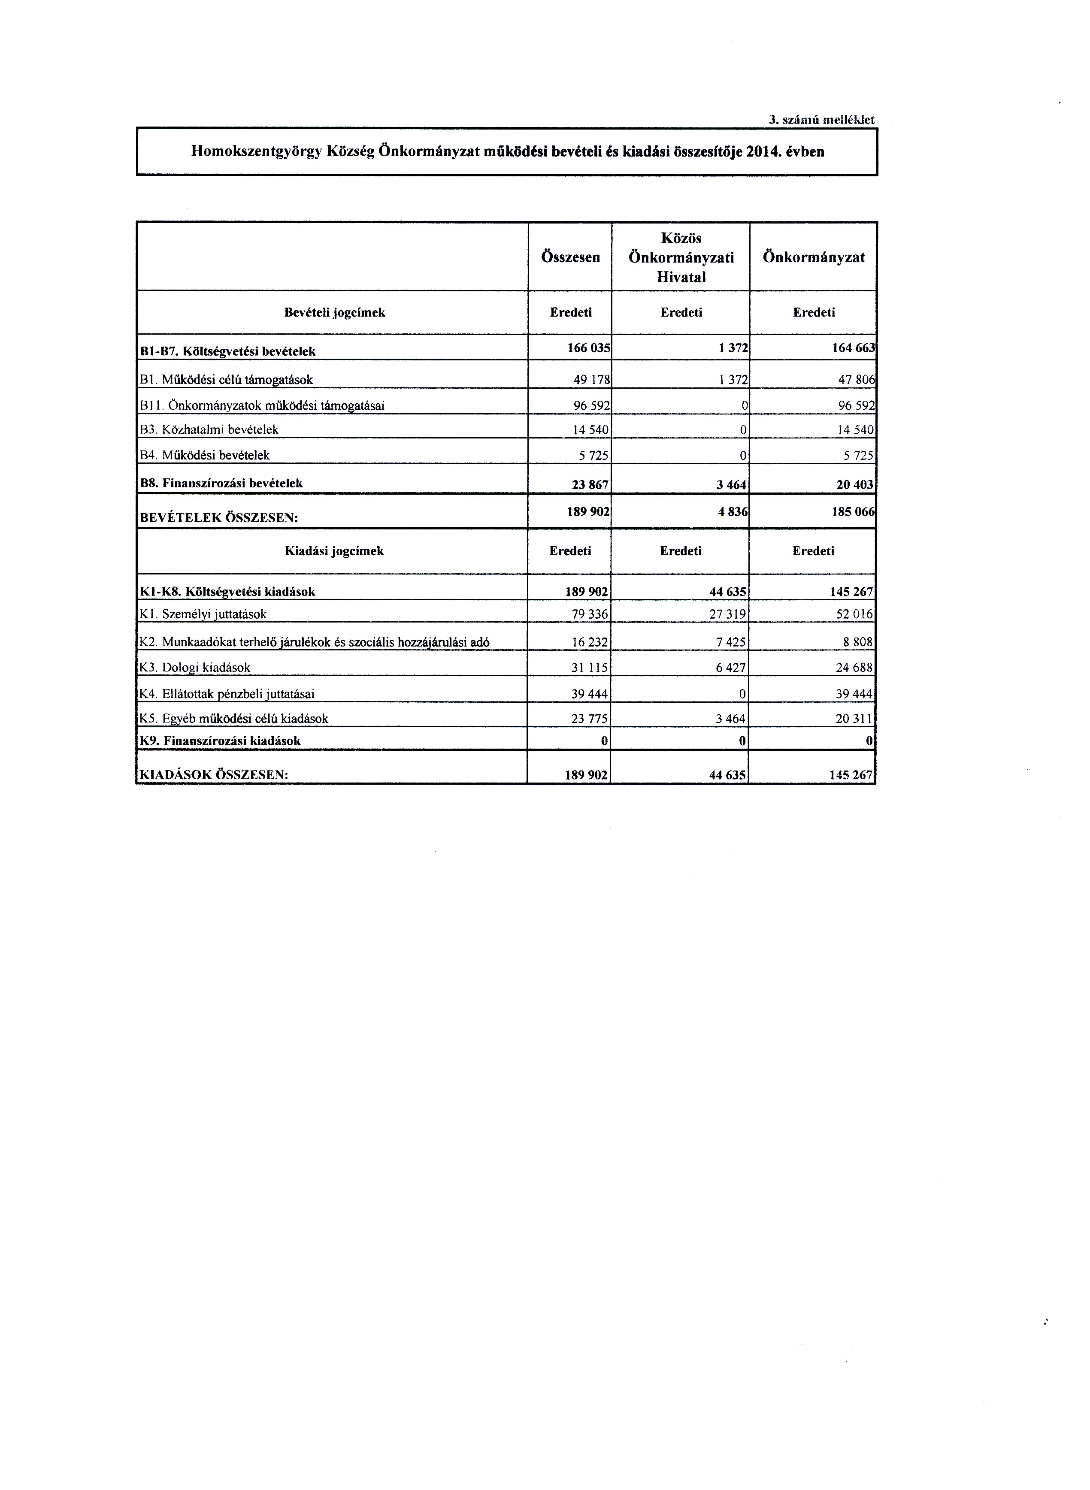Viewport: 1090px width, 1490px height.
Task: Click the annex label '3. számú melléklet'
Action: (x=821, y=120)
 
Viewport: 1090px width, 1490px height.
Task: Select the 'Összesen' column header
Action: (x=570, y=257)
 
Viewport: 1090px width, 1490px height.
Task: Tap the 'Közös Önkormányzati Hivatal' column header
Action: (x=681, y=257)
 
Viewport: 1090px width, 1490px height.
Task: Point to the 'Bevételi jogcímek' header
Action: (x=335, y=313)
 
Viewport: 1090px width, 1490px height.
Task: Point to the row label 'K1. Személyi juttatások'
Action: (x=203, y=614)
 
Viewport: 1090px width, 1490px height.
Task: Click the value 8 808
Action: (x=858, y=641)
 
